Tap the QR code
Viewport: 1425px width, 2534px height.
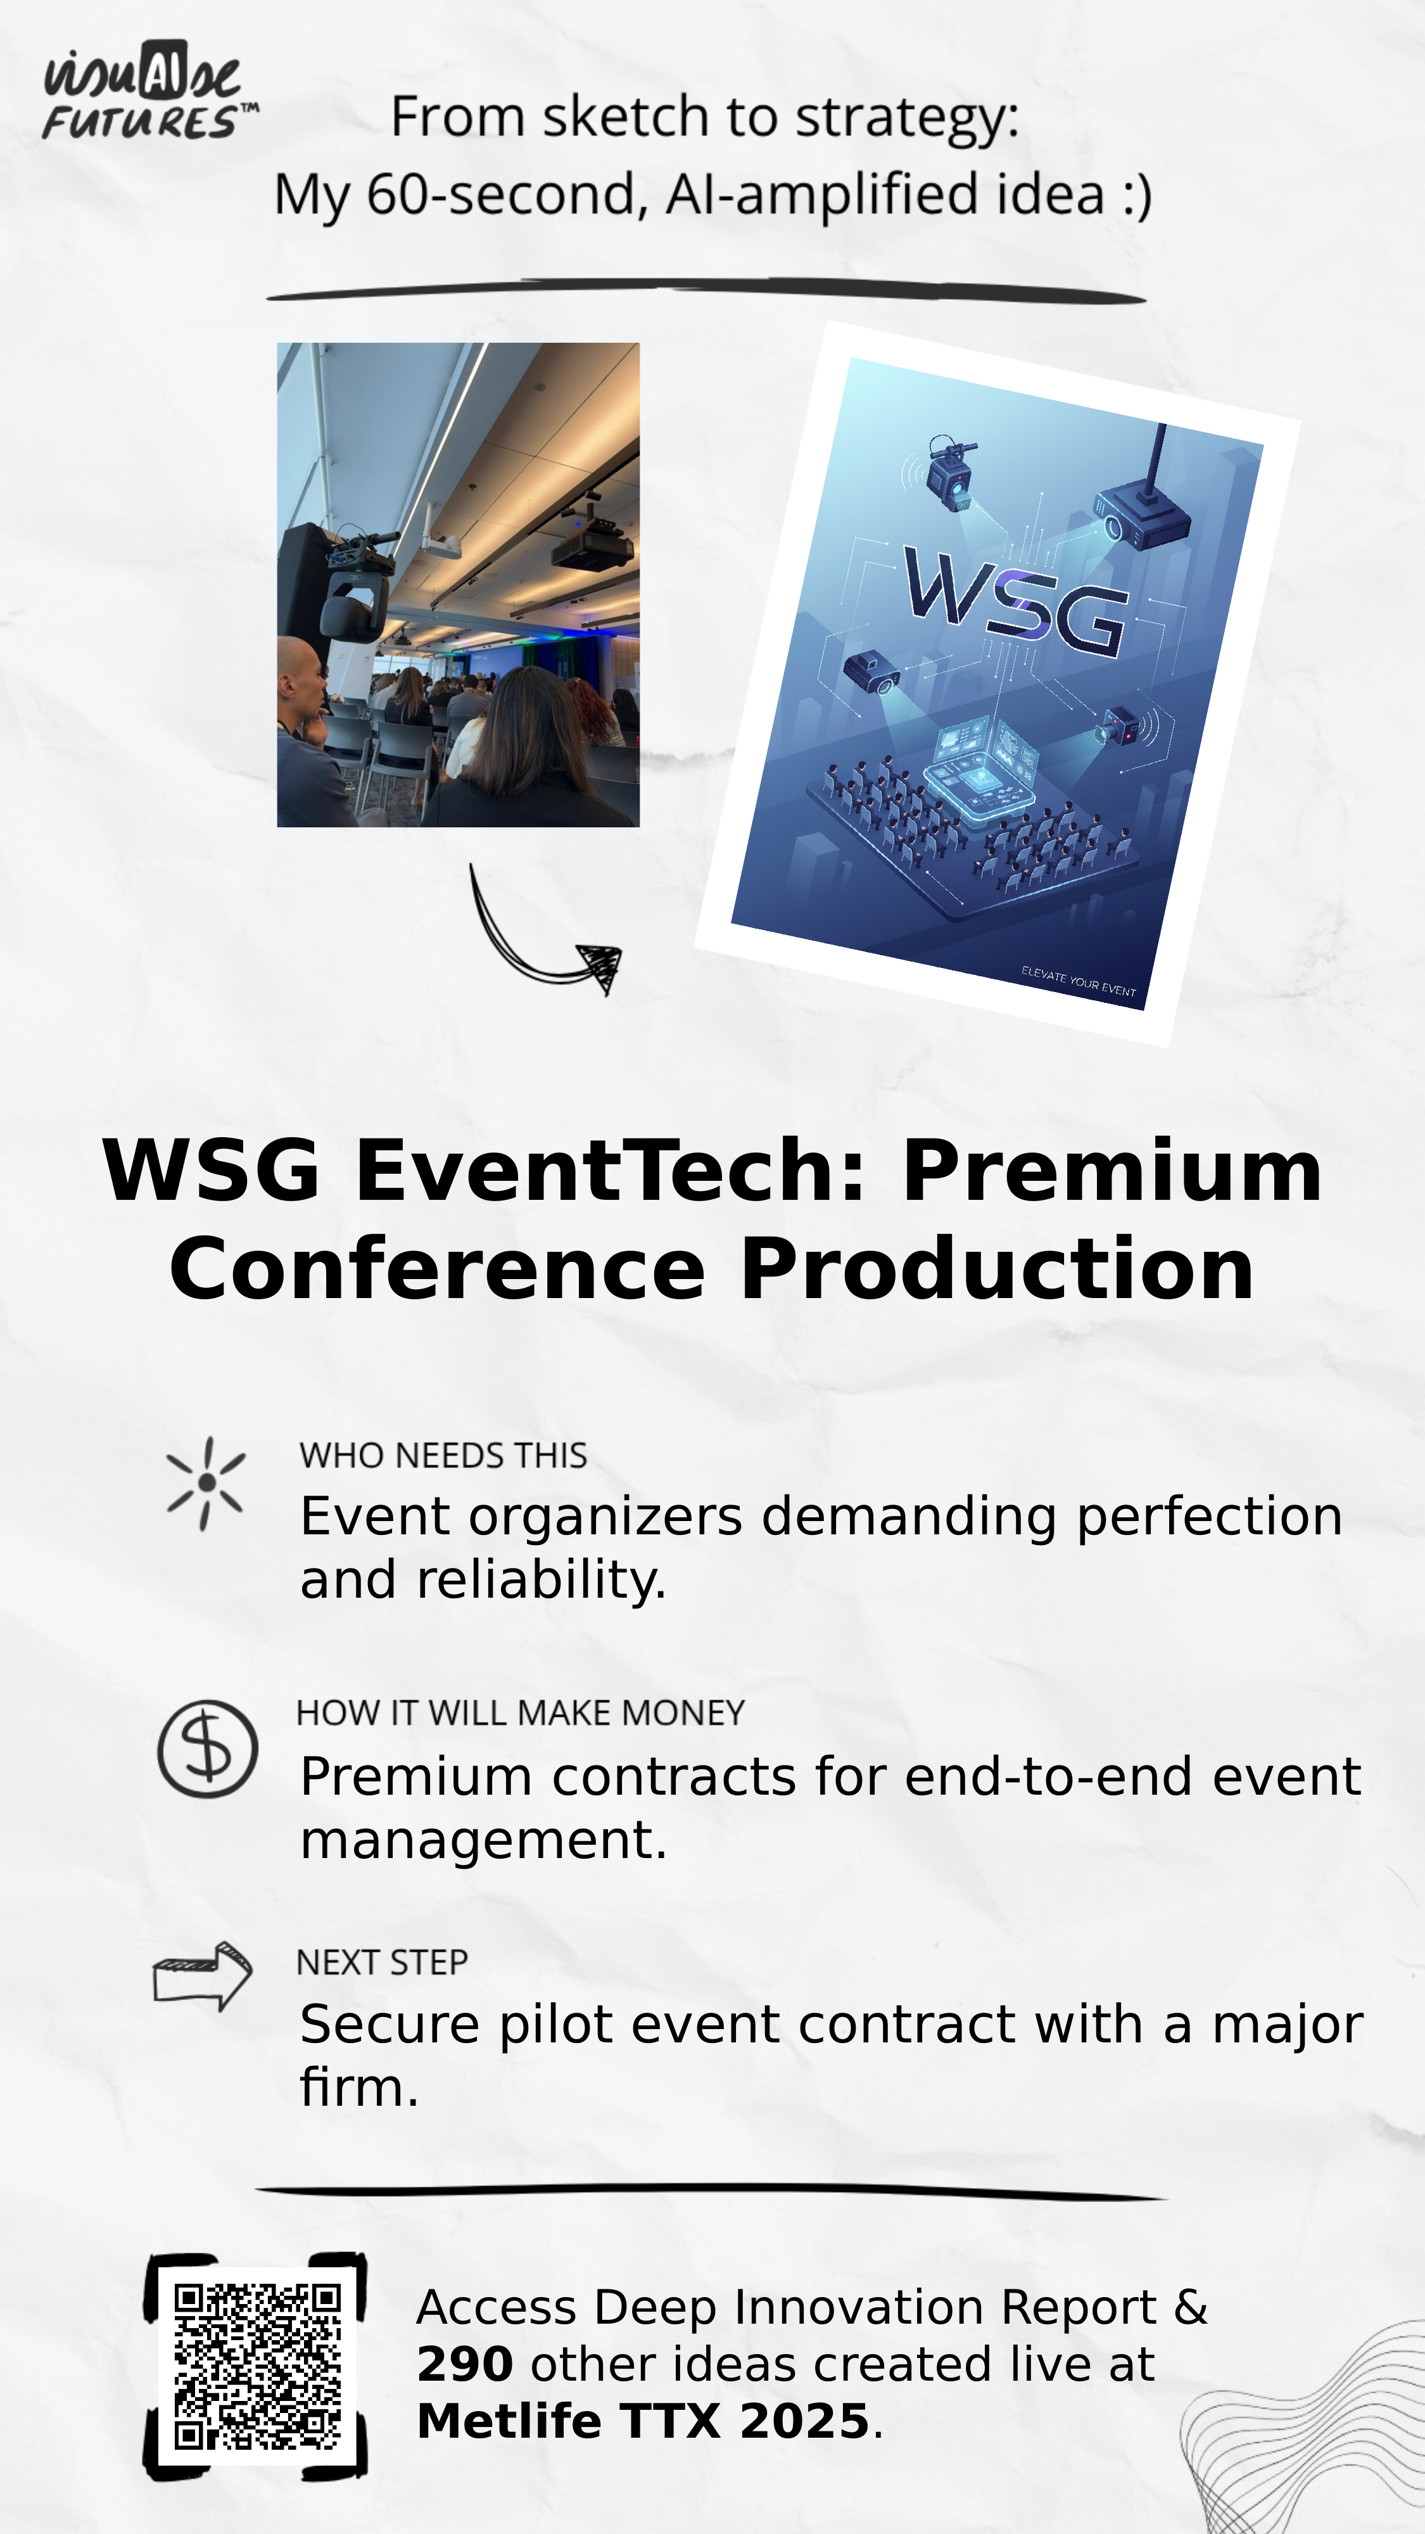(x=256, y=2365)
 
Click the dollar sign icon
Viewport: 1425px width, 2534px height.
(x=208, y=1749)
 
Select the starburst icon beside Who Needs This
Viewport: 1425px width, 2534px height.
(x=206, y=1484)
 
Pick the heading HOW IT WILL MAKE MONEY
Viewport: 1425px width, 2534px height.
(x=520, y=1712)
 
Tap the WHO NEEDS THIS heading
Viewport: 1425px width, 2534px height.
(x=443, y=1455)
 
